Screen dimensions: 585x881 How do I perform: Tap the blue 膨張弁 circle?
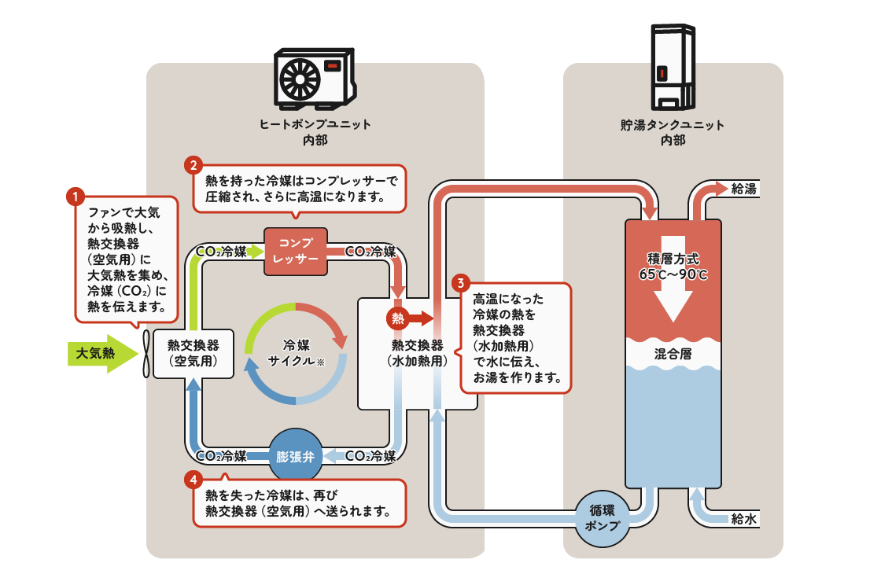coord(295,456)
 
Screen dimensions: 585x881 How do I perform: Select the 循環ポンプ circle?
coord(603,518)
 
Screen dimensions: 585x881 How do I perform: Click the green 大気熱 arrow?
coord(98,353)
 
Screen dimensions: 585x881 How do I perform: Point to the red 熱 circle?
coord(398,318)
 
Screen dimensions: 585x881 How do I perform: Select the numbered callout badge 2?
coord(193,165)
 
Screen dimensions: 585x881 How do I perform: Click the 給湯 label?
coord(743,189)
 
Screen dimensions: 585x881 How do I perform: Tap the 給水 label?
coord(743,519)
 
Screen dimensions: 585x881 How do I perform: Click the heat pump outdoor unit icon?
coord(314,79)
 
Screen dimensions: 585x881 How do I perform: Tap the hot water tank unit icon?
coord(673,67)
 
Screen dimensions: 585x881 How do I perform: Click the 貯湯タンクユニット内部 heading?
coord(673,132)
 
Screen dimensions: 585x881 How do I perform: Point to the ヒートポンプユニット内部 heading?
coord(315,132)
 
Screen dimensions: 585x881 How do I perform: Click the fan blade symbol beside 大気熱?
coord(146,353)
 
